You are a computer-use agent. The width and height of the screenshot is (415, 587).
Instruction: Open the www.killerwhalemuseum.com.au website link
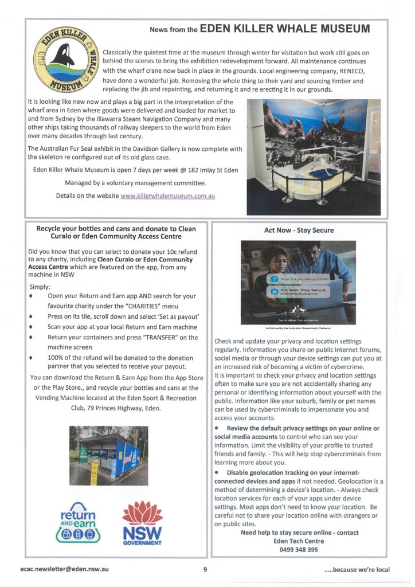click(x=167, y=196)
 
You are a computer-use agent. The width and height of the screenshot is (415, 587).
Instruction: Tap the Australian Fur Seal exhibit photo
click(x=313, y=156)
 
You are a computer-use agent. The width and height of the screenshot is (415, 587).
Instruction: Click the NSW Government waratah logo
click(x=142, y=522)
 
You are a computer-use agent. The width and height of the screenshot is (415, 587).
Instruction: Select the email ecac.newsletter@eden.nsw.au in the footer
click(x=65, y=569)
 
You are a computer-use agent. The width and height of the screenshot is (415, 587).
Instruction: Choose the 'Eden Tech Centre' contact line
click(x=299, y=541)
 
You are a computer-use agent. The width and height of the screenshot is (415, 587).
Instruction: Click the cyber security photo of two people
click(x=298, y=281)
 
